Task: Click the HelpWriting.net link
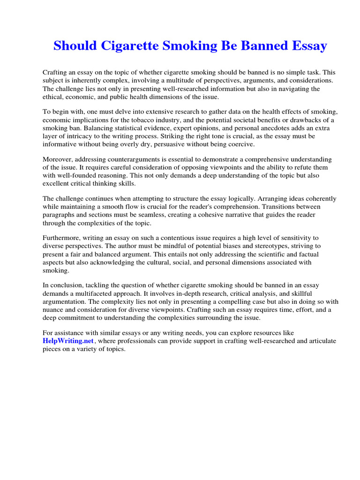coord(68,341)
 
